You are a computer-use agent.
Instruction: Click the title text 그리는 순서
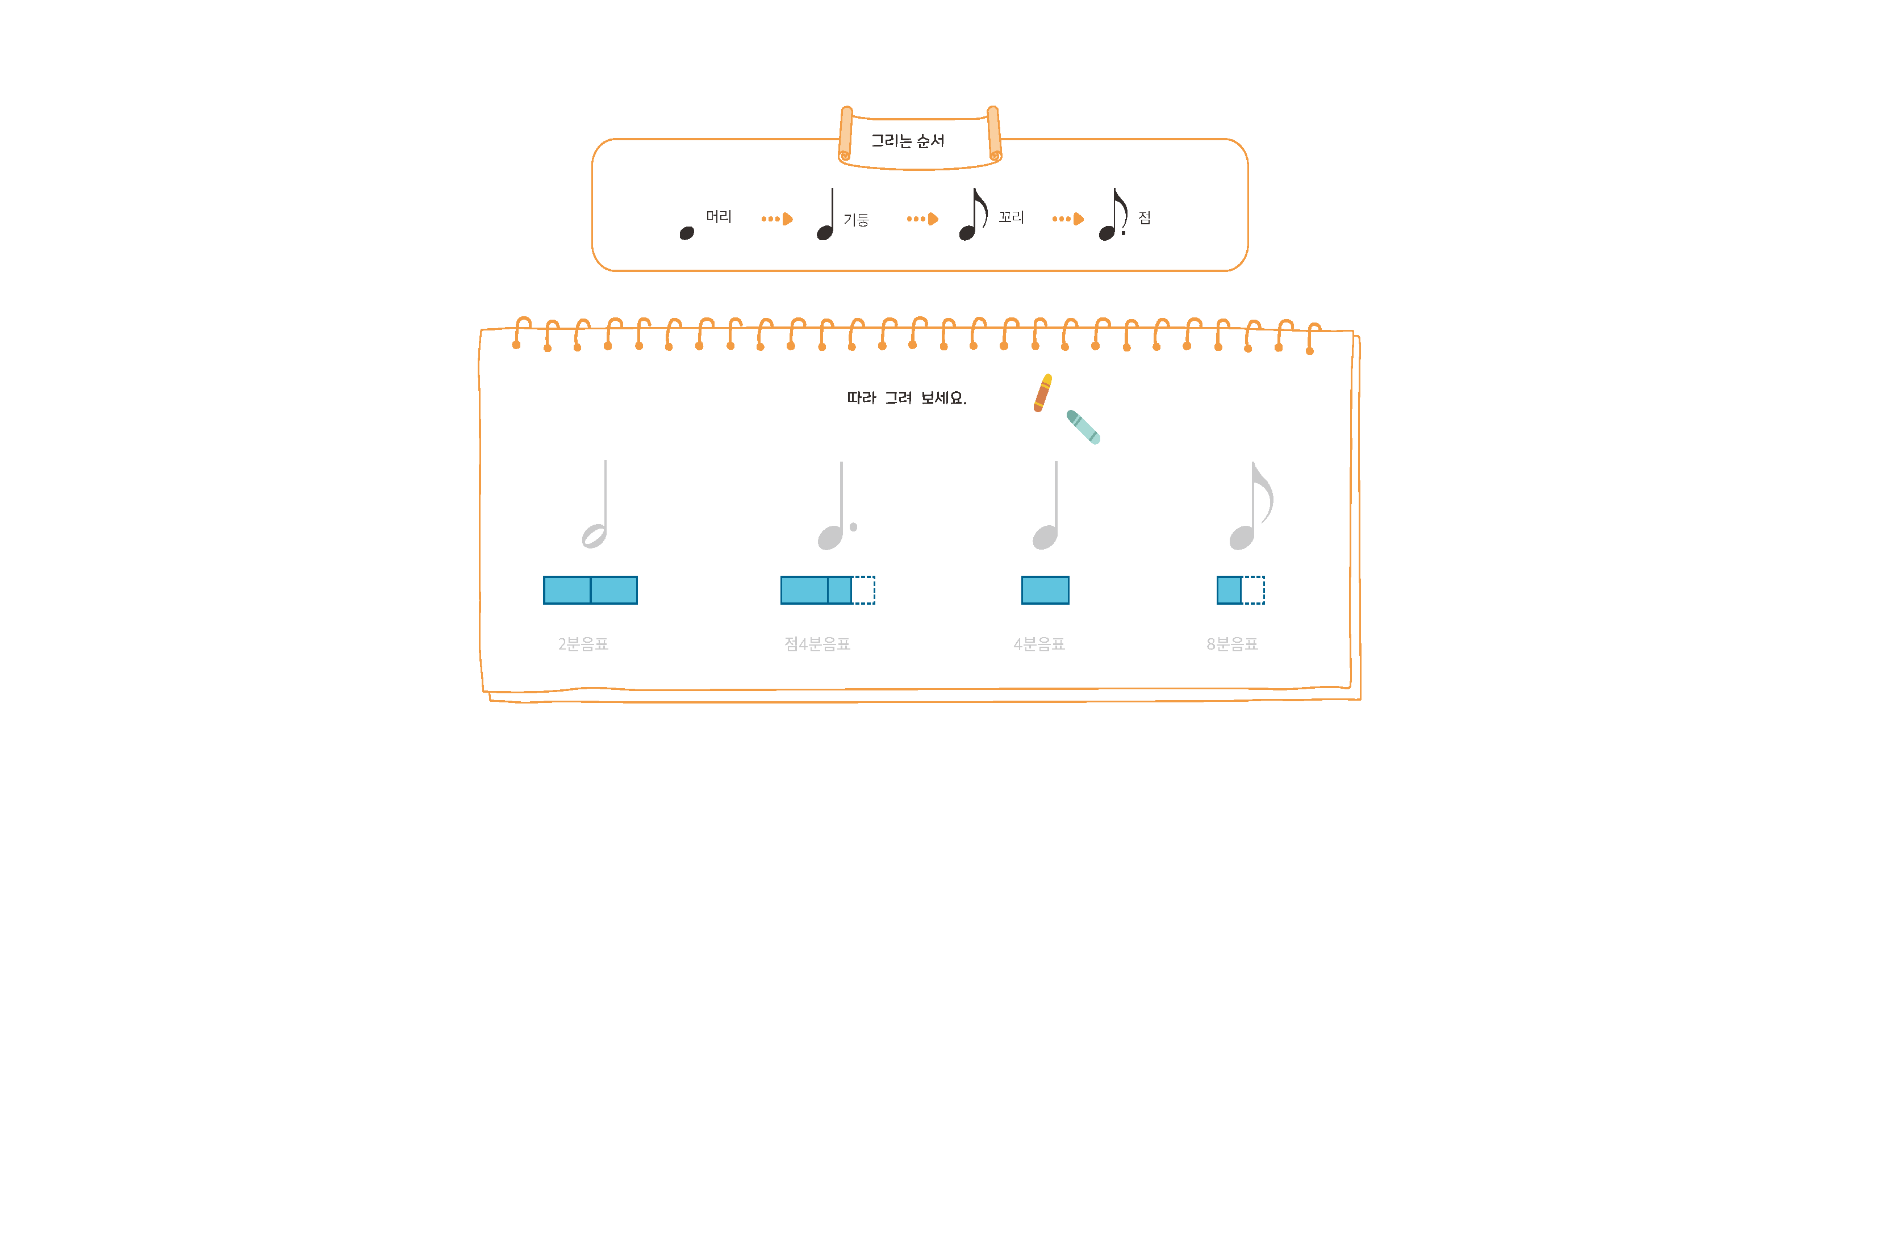(x=907, y=141)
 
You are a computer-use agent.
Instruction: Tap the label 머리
(x=718, y=216)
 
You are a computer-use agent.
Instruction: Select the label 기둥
(x=855, y=220)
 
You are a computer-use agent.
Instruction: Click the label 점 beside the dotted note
(x=1145, y=218)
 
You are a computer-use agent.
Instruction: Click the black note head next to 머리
(x=686, y=233)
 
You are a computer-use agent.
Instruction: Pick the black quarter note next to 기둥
(x=826, y=216)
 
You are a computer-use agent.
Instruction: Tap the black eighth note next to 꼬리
(x=972, y=216)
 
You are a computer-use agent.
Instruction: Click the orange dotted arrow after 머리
(x=776, y=219)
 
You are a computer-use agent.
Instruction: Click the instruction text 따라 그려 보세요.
(x=907, y=397)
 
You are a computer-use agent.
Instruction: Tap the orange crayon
(x=1042, y=393)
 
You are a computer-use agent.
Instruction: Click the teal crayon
(x=1083, y=426)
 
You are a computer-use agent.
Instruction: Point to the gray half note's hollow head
(x=594, y=536)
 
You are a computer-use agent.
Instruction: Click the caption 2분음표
(x=583, y=643)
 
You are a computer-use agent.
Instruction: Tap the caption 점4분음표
(x=817, y=643)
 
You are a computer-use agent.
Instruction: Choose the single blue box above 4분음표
(x=1045, y=590)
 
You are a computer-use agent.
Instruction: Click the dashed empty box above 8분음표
(x=1252, y=590)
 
